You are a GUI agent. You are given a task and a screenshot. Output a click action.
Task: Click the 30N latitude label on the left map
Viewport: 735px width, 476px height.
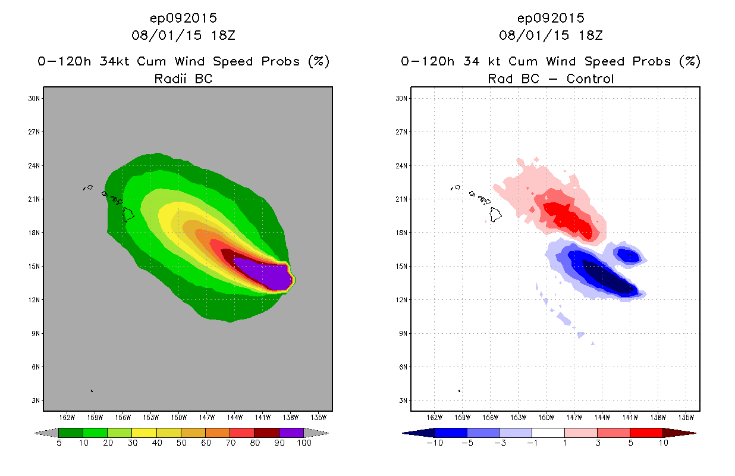34,99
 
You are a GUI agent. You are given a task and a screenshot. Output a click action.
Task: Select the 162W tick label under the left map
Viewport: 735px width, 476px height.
67,416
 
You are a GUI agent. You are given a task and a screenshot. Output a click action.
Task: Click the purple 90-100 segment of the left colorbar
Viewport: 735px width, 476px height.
291,433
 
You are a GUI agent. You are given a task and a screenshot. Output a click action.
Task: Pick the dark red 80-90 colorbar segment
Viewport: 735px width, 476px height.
266,433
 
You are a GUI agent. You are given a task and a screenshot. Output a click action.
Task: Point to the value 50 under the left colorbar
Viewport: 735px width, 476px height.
181,443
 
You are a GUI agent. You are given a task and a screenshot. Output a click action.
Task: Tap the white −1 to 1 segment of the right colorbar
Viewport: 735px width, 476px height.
548,433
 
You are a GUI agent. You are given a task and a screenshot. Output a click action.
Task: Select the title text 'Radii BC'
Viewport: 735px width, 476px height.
183,79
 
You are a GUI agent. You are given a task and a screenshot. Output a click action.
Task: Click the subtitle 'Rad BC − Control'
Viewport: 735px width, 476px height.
551,79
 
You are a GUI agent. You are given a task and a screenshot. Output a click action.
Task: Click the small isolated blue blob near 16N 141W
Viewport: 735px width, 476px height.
628,255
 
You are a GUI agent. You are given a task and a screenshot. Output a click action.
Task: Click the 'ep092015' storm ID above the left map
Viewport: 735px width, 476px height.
183,18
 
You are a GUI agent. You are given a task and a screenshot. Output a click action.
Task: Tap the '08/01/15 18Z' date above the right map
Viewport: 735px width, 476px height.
551,35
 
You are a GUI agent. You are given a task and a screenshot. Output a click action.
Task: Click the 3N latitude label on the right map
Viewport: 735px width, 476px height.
401,400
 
